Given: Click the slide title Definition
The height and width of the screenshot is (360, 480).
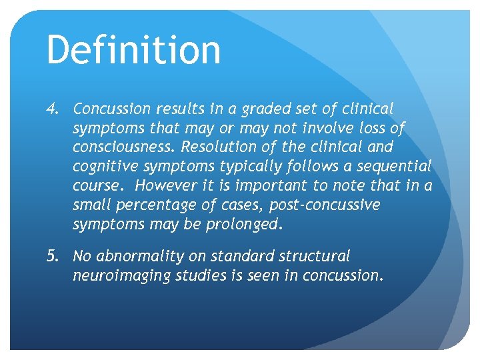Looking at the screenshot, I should click(133, 50).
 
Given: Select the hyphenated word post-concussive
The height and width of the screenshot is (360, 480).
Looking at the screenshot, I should click(325, 205).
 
